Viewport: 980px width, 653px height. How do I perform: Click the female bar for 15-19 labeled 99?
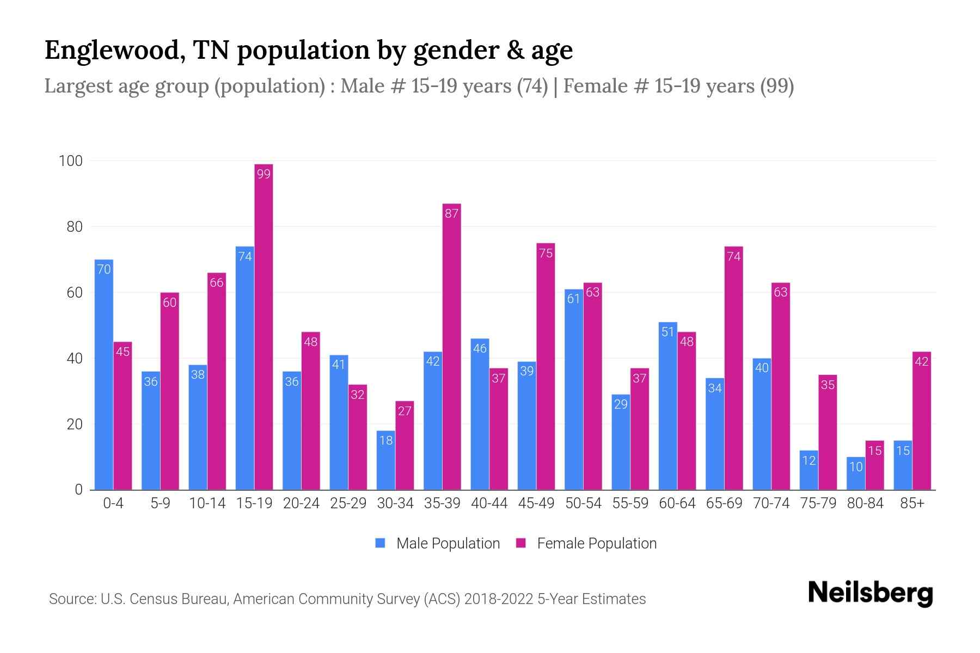click(x=264, y=326)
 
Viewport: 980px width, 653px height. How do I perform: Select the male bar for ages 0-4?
click(x=104, y=375)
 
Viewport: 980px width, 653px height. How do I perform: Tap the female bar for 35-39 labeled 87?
click(x=451, y=348)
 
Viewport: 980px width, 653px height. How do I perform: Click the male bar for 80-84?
click(x=856, y=473)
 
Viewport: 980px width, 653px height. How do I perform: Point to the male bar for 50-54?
click(x=573, y=390)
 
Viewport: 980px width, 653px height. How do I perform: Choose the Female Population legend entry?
click(x=586, y=543)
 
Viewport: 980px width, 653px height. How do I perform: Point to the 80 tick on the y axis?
click(x=75, y=227)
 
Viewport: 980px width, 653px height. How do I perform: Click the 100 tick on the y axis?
click(x=71, y=161)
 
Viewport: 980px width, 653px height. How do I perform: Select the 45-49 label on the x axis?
click(x=536, y=503)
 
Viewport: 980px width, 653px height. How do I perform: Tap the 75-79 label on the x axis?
click(x=818, y=503)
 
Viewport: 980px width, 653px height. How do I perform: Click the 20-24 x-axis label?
click(x=301, y=503)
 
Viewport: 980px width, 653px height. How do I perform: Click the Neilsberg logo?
click(x=870, y=593)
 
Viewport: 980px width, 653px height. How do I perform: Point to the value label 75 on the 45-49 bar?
click(x=546, y=253)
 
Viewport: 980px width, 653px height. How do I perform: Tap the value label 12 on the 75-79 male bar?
click(x=809, y=461)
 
